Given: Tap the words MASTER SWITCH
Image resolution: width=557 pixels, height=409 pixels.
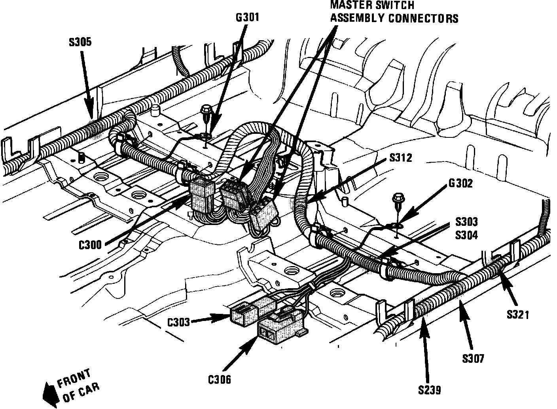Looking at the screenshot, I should pos(372,5).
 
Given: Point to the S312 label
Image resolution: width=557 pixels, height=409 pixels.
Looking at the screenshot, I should pos(401,158).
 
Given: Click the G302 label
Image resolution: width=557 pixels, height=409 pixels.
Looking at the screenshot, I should pos(460,184).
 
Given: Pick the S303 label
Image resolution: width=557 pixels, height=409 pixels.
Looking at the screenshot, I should pos(466,221).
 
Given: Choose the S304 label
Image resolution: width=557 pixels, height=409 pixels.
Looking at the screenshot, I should pos(466,235).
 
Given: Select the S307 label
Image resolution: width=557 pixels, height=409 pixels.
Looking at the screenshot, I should pos(473,359).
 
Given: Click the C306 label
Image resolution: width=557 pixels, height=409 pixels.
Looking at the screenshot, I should pos(220,379).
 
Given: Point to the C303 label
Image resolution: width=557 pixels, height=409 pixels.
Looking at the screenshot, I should pos(179,322).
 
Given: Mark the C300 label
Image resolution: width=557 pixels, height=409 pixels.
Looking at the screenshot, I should pos(90,245).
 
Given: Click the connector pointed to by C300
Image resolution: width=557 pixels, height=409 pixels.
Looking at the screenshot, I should pos(202,195).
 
